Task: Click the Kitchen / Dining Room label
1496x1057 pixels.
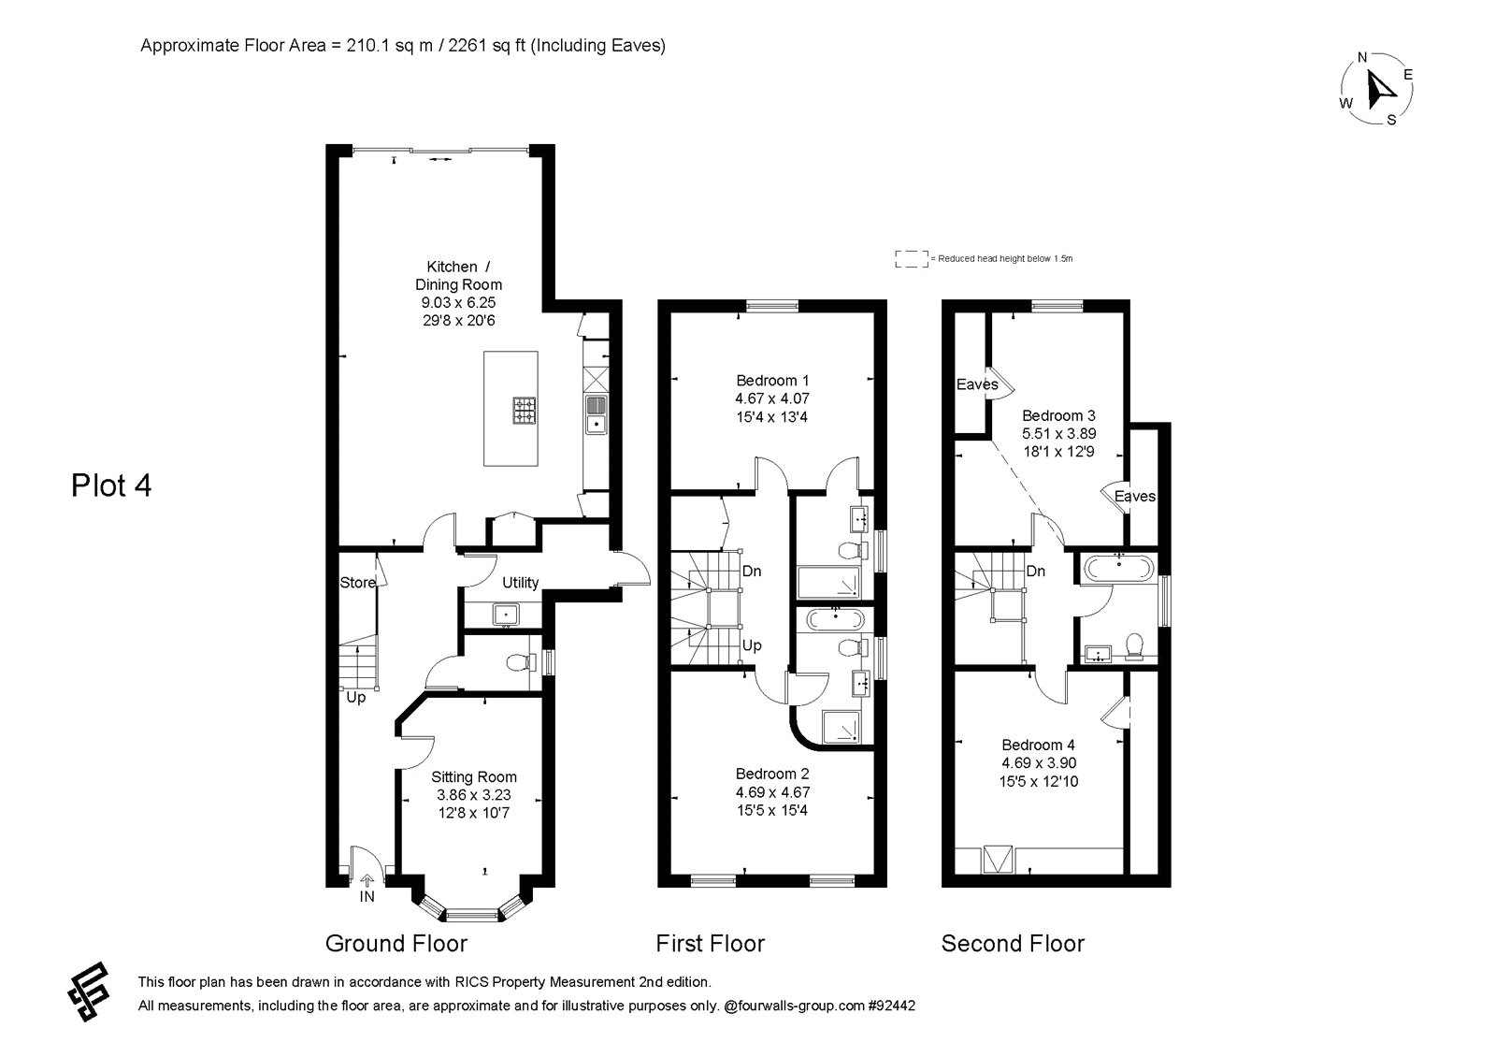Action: click(x=459, y=275)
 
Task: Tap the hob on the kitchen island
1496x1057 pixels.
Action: click(x=525, y=411)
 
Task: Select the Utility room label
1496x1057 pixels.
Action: click(x=520, y=583)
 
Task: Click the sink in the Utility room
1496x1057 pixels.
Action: click(x=506, y=614)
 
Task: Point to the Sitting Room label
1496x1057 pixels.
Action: click(x=473, y=777)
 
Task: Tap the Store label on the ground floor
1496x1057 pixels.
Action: click(x=357, y=583)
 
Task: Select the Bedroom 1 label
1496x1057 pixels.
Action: click(x=772, y=381)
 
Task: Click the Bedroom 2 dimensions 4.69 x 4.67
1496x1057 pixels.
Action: click(x=772, y=792)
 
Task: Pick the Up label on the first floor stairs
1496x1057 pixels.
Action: click(x=752, y=645)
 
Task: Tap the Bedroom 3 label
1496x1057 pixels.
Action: click(x=1058, y=415)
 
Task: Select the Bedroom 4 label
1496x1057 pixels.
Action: click(x=1039, y=745)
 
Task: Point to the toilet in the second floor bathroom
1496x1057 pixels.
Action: click(x=1134, y=646)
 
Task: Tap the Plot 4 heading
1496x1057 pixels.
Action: click(x=111, y=485)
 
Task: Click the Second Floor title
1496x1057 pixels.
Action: click(x=1014, y=944)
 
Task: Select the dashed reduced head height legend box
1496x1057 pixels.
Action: click(x=912, y=259)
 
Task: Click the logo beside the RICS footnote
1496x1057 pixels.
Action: click(x=89, y=992)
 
